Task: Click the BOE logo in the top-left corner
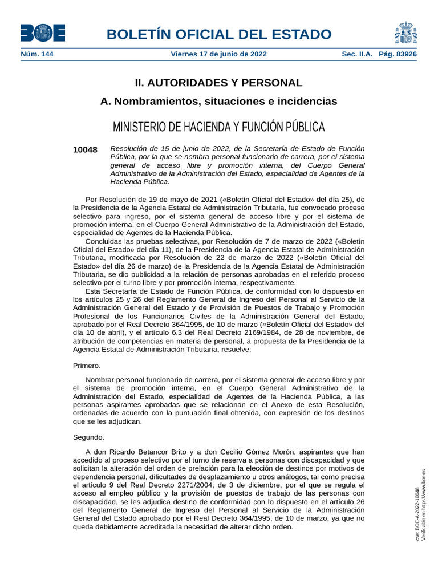pos(43,33)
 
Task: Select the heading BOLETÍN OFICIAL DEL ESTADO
pos(218,34)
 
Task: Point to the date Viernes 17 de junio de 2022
pos(218,54)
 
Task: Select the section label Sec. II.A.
pos(357,54)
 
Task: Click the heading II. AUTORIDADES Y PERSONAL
pos(218,83)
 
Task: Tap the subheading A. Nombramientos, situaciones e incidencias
pos(218,102)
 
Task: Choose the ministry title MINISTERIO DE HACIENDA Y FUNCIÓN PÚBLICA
pos(218,127)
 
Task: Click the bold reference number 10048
pos(86,150)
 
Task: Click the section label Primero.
pos(87,366)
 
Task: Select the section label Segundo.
pos(88,437)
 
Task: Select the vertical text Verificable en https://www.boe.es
pos(423,505)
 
